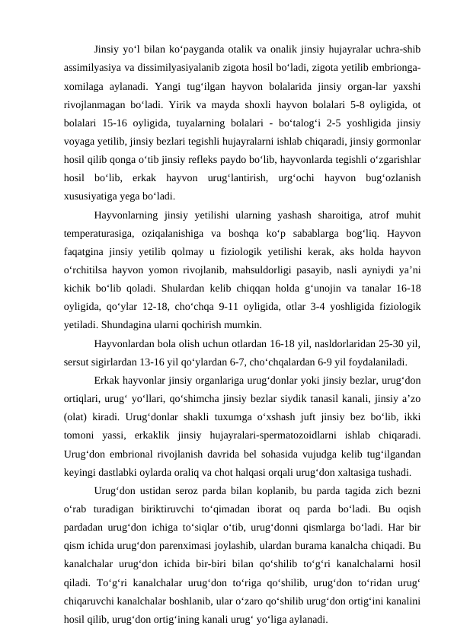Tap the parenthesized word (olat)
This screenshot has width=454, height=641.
pyautogui.click(x=78, y=416)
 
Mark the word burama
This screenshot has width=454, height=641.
pyautogui.click(x=332, y=544)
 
